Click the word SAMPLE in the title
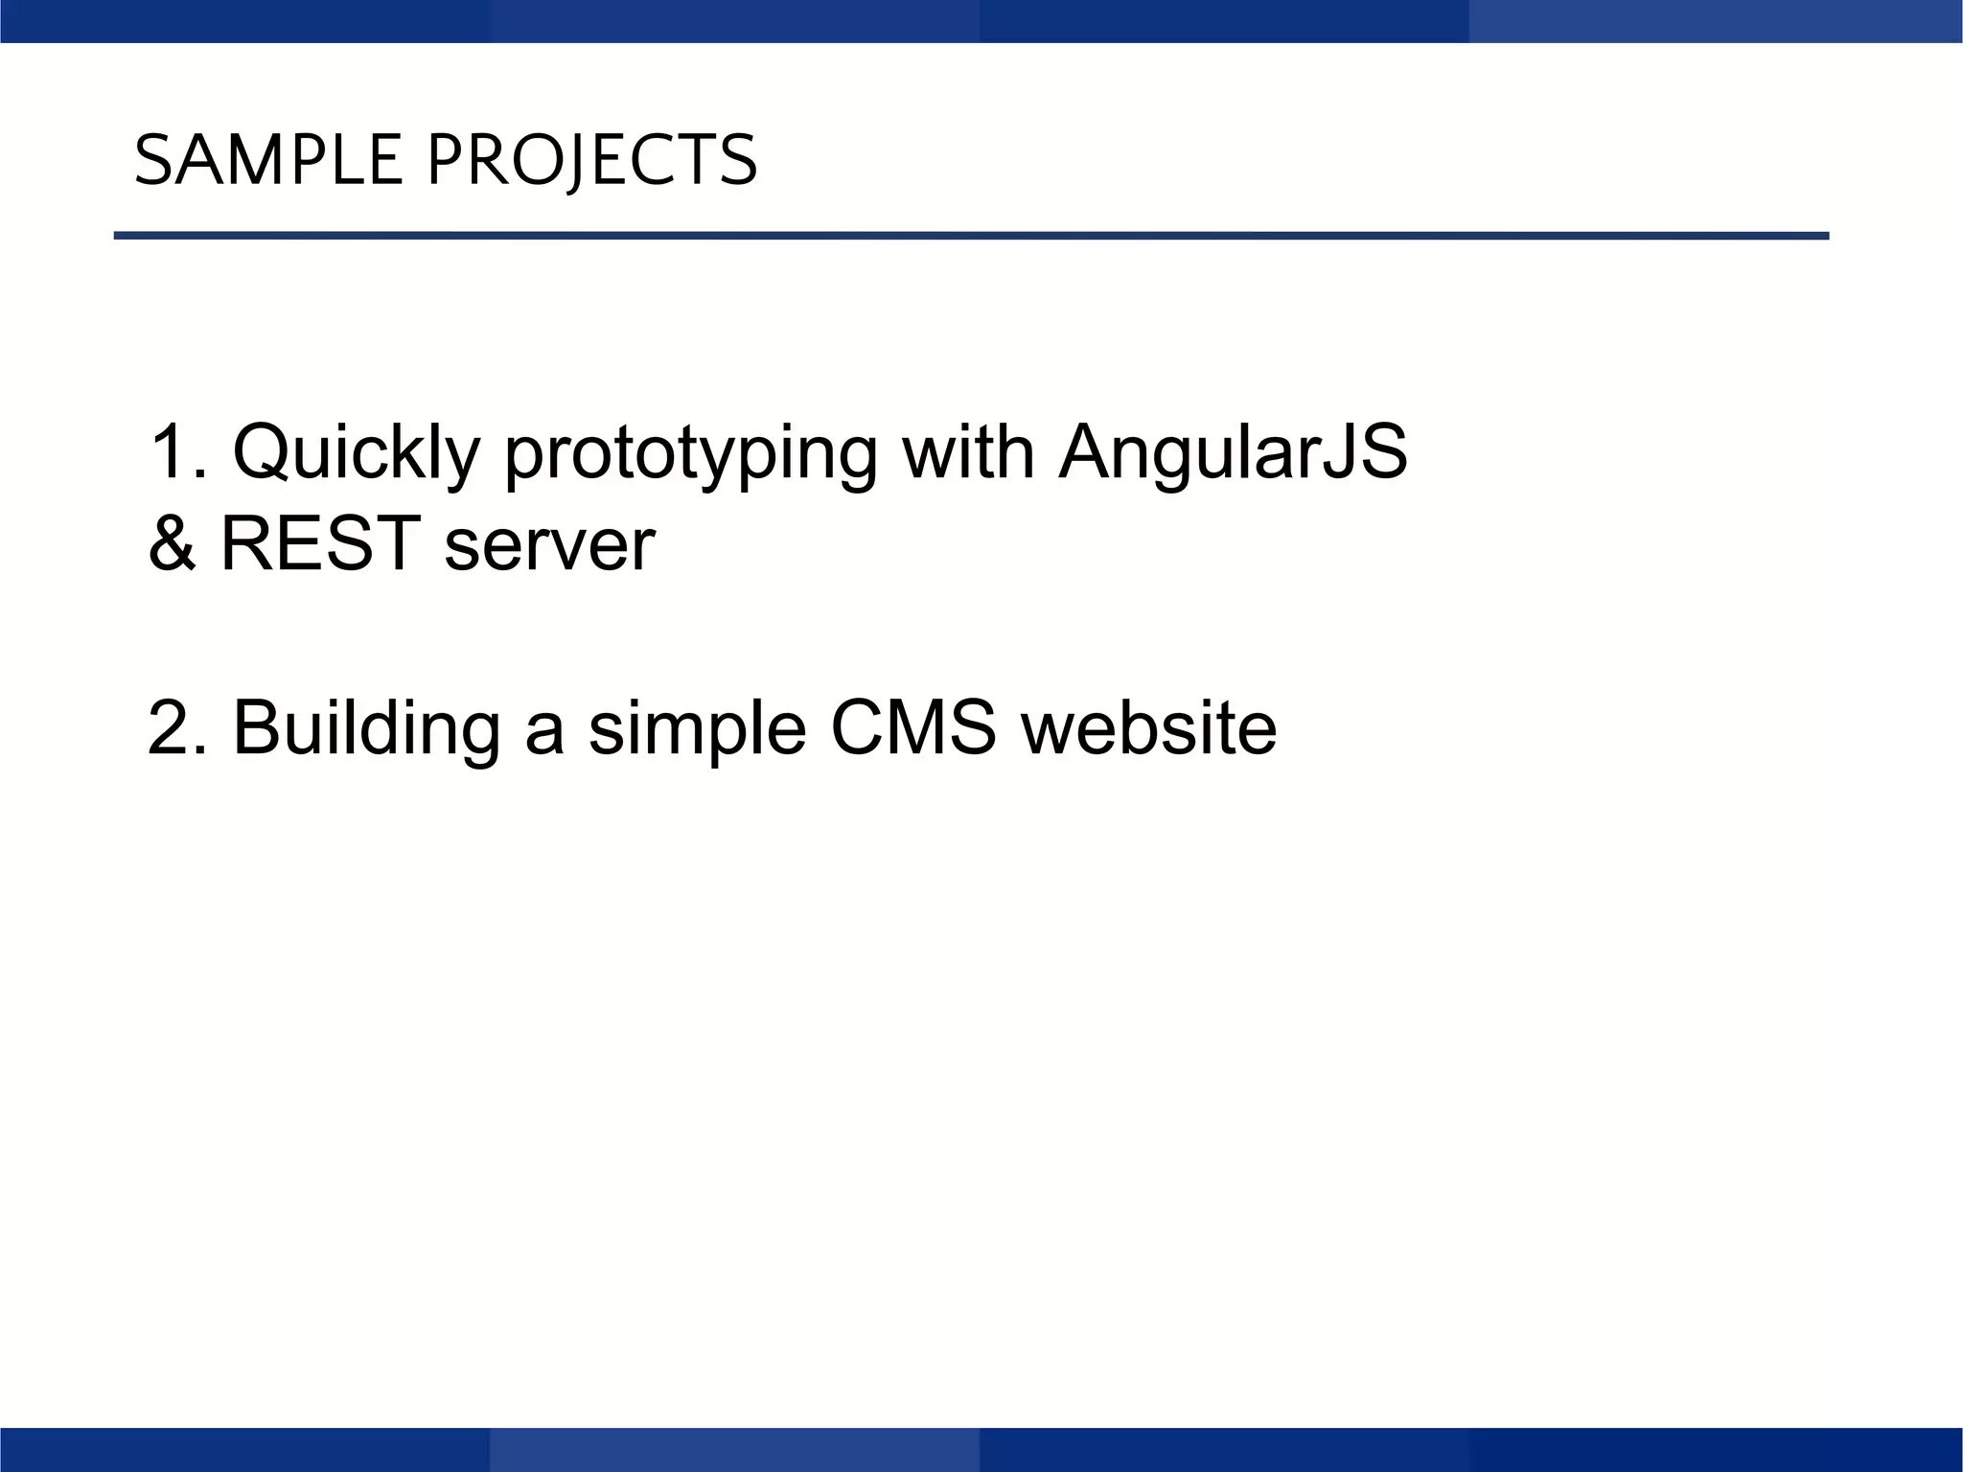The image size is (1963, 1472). [268, 160]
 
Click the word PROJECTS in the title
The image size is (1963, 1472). [591, 160]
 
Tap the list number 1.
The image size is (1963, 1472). [174, 452]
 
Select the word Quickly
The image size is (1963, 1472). [356, 452]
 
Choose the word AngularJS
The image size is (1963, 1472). [1233, 452]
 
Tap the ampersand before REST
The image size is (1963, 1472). [172, 543]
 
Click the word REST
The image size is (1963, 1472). [321, 543]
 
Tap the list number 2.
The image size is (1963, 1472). [174, 728]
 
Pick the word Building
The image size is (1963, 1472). [366, 728]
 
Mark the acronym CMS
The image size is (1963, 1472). [913, 728]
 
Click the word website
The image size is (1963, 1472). [1148, 728]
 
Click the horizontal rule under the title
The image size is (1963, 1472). [971, 236]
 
